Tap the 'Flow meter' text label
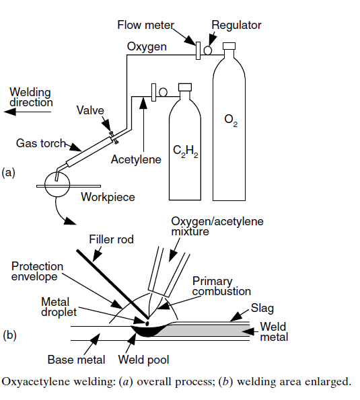(x=145, y=26)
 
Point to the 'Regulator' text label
(x=236, y=26)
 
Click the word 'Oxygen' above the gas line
(x=146, y=46)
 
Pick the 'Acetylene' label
(x=137, y=159)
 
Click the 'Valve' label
(x=90, y=110)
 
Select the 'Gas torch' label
(x=40, y=143)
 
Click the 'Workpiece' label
(x=108, y=197)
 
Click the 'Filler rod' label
(x=112, y=239)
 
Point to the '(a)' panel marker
(x=9, y=172)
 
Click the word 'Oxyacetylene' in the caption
(x=34, y=383)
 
